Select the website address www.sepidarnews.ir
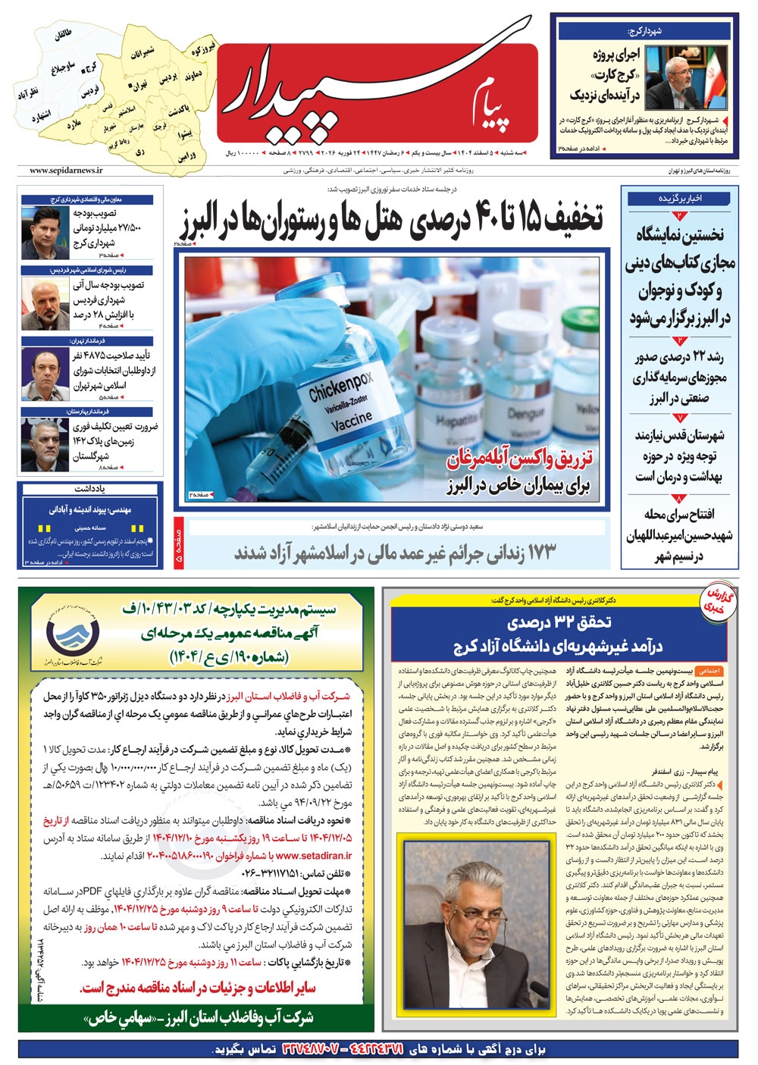[x=67, y=171]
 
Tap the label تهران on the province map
[x=139, y=86]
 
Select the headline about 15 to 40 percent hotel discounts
[x=391, y=219]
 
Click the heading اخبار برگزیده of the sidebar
[x=680, y=199]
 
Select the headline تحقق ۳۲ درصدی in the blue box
[x=559, y=623]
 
